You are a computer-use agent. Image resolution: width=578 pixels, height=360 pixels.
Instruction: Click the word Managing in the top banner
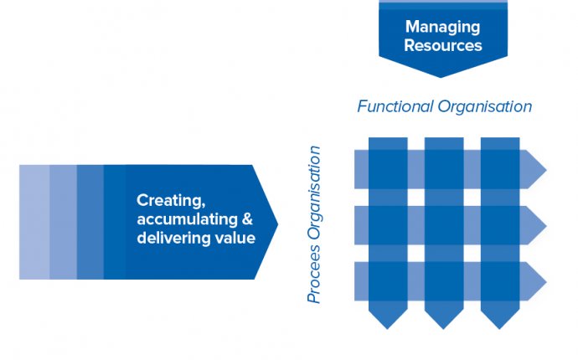[x=443, y=28]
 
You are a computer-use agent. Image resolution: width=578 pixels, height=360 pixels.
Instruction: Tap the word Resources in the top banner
[x=443, y=45]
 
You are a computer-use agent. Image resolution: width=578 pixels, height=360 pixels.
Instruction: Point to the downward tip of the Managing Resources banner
[x=441, y=77]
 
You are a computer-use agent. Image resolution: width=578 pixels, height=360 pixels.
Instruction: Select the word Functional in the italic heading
[x=395, y=106]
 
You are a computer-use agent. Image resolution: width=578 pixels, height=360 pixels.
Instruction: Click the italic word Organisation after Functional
[x=485, y=107]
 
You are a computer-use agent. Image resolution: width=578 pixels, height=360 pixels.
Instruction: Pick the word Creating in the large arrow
[x=171, y=201]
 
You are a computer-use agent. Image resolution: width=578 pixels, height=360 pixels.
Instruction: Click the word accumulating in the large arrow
[x=188, y=219]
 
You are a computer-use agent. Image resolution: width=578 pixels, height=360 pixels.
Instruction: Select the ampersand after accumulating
[x=247, y=219]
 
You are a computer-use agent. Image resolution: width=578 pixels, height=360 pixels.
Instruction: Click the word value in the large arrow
[x=235, y=238]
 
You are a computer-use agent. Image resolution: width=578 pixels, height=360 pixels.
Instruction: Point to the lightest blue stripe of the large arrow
[x=34, y=222]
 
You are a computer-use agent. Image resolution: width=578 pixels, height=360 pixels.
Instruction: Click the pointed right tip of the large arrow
[x=277, y=223]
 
